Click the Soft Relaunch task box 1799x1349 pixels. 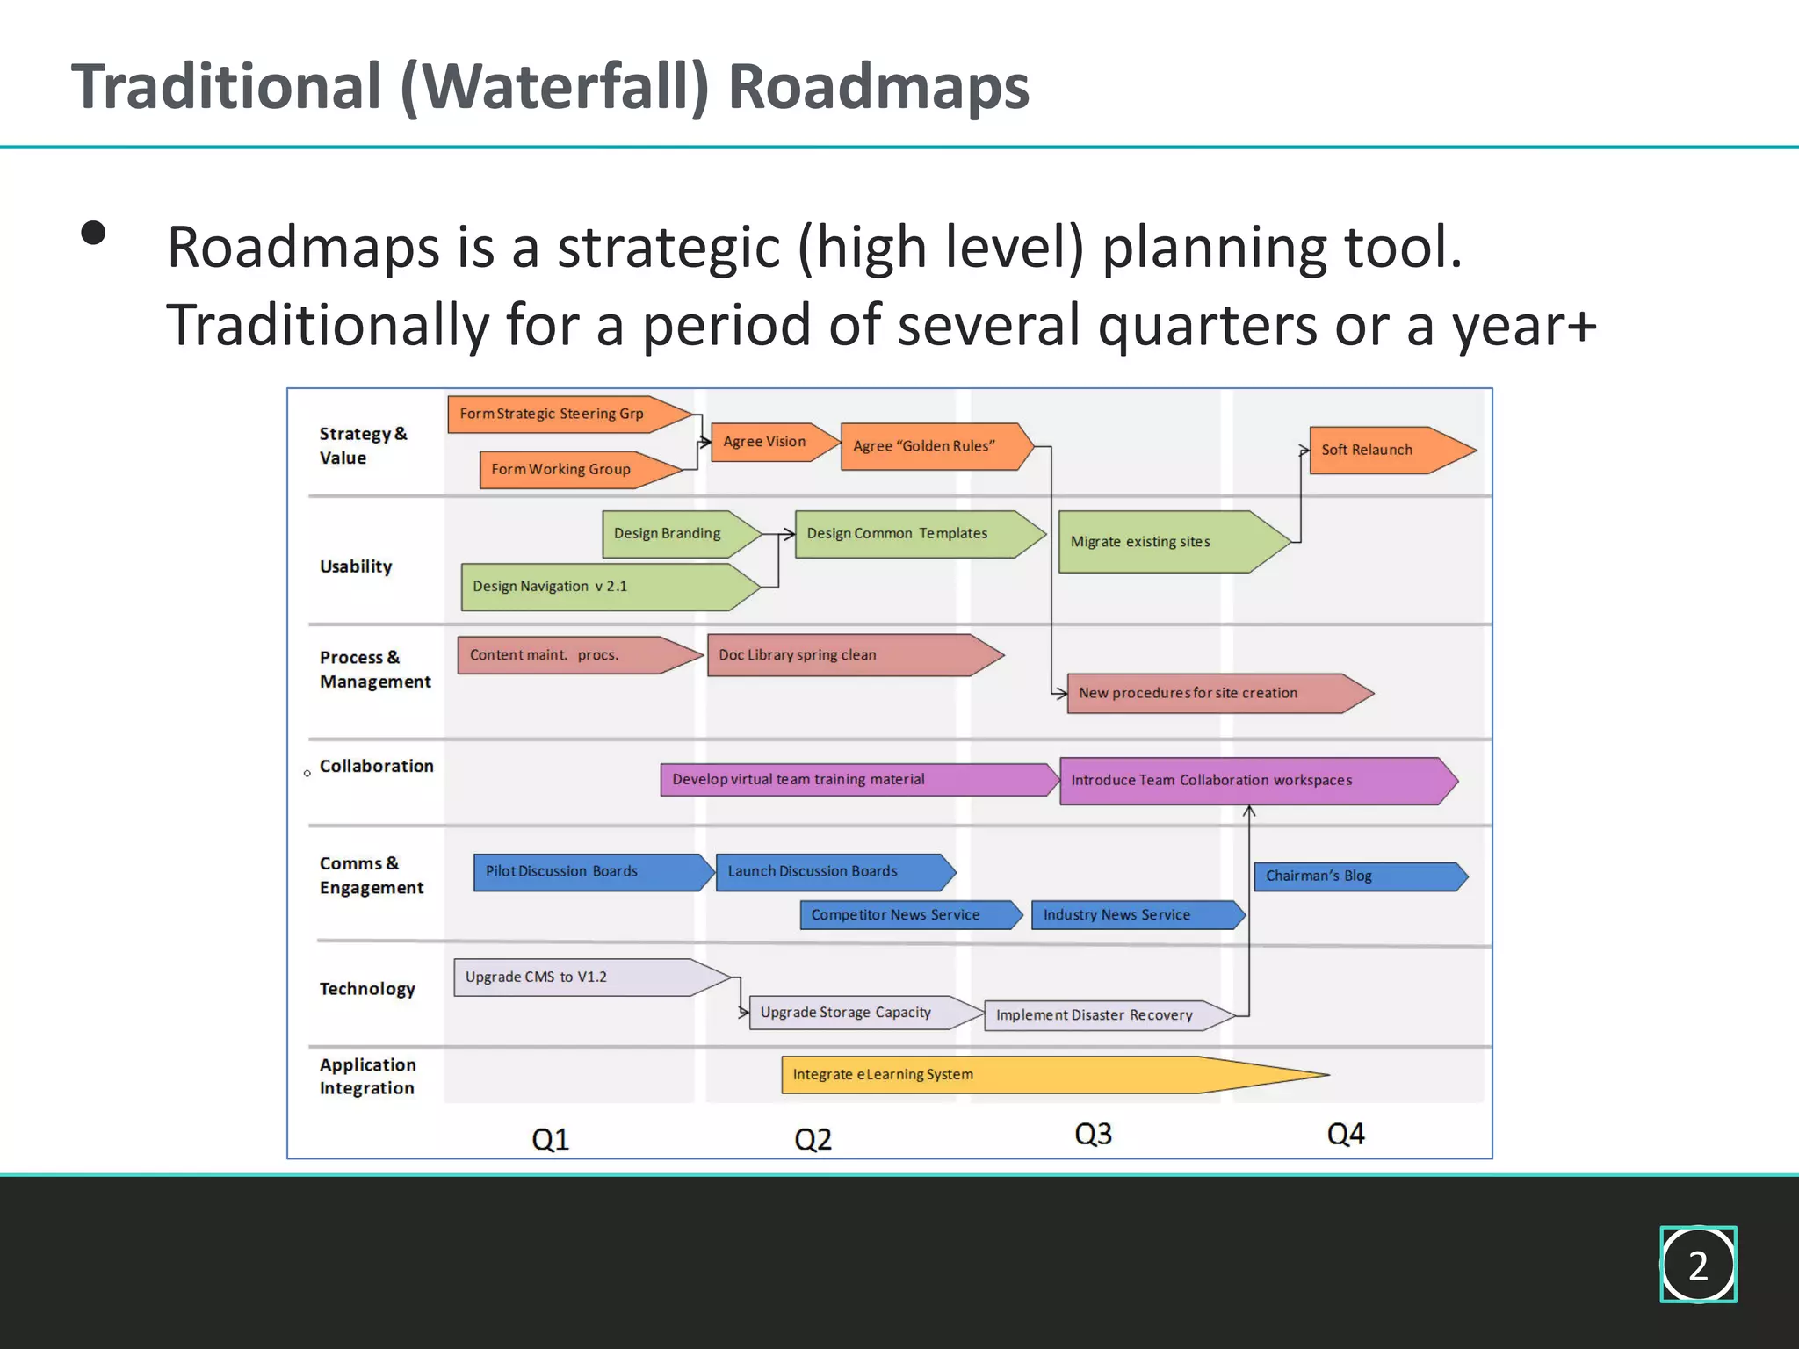(1379, 450)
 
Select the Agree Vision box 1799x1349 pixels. (768, 442)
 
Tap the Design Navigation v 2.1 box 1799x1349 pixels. (597, 587)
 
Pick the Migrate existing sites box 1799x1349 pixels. (1160, 542)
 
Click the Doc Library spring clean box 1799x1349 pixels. (843, 655)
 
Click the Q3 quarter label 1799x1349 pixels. (1093, 1134)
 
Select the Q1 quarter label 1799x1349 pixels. (551, 1139)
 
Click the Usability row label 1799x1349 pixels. (356, 566)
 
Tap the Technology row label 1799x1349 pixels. (367, 989)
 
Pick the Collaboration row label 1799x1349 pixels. (376, 766)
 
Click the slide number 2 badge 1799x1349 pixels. (1698, 1265)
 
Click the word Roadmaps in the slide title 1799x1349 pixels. (878, 87)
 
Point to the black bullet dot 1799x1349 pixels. (93, 233)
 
